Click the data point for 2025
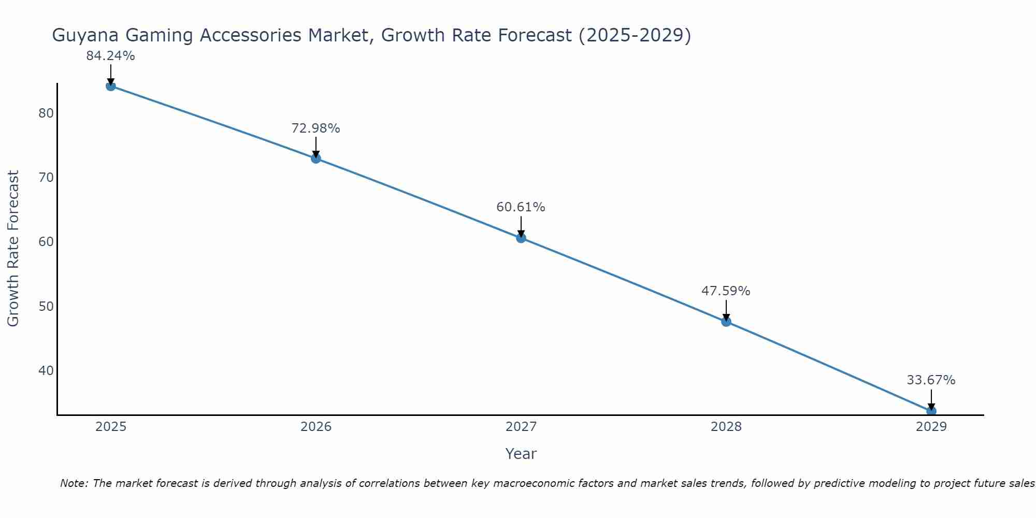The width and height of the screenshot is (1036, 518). [110, 86]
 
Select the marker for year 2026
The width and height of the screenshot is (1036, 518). [316, 159]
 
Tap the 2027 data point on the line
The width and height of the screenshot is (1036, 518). [521, 238]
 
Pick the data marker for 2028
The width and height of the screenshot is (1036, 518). [726, 322]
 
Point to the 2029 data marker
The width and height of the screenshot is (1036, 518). [931, 411]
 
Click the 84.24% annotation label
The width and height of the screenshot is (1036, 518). [110, 56]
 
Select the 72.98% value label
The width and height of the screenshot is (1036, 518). [315, 128]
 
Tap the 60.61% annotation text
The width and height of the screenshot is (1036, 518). [521, 207]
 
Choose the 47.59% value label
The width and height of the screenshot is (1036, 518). [726, 291]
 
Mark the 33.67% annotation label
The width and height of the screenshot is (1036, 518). [931, 380]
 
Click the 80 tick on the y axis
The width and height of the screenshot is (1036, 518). [46, 113]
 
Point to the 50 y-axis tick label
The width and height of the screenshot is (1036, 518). [46, 306]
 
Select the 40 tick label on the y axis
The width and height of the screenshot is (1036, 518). [46, 370]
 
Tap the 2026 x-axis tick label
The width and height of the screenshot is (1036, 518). [316, 427]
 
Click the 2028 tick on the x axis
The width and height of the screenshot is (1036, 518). [726, 427]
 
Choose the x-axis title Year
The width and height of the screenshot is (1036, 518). [521, 454]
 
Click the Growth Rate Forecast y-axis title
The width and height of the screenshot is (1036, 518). [13, 249]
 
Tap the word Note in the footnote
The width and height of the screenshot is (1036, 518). [74, 483]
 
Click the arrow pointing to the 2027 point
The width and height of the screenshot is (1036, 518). [521, 227]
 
